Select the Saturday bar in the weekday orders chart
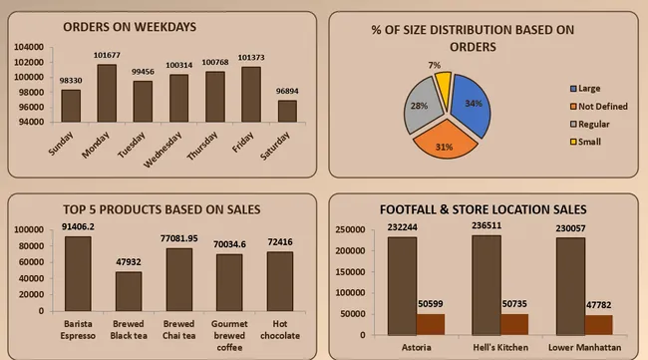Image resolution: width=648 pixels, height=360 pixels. click(287, 111)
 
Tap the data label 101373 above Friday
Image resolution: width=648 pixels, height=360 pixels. click(250, 57)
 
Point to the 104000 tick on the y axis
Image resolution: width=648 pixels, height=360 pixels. click(29, 47)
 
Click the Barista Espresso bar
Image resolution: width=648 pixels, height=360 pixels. click(78, 273)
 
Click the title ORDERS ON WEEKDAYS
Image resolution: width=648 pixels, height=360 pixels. click(130, 26)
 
